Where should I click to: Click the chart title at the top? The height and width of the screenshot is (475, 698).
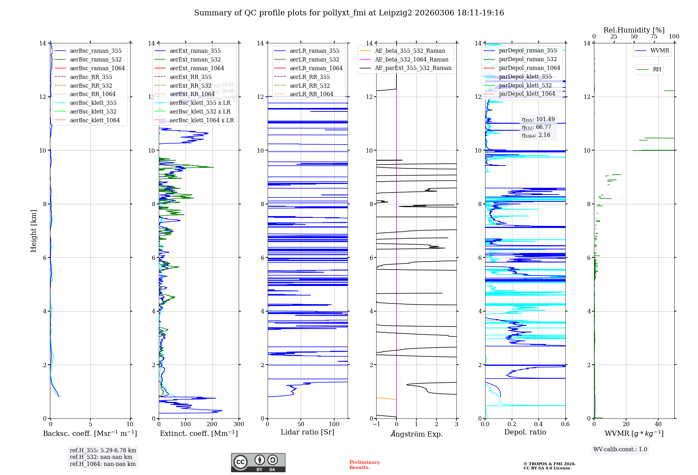(349, 13)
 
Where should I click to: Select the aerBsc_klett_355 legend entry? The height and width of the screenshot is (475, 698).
(93, 103)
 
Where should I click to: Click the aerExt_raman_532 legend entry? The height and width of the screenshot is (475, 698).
(195, 59)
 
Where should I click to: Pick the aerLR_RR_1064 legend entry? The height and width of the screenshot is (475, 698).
(311, 94)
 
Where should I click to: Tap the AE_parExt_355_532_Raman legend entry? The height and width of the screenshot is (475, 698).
(413, 68)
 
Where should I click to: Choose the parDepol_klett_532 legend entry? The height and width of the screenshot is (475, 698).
(525, 85)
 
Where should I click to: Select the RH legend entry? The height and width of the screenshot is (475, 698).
(657, 70)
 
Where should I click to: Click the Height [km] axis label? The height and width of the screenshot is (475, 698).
(34, 231)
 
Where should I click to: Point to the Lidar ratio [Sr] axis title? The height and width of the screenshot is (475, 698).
(307, 432)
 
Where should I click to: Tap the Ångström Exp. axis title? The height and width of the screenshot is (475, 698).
(416, 434)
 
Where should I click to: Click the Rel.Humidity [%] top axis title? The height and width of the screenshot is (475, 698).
(634, 30)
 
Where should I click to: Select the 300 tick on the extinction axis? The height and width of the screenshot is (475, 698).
(239, 424)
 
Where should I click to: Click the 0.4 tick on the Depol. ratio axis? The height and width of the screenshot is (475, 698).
(539, 424)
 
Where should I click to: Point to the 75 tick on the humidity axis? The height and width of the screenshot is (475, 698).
(654, 37)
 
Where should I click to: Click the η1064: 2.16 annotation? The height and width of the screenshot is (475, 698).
(536, 135)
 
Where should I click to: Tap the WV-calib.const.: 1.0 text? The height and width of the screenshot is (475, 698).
(620, 449)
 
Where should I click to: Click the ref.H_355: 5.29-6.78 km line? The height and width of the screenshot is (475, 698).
(103, 450)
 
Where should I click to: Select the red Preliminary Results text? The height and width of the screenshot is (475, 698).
(364, 465)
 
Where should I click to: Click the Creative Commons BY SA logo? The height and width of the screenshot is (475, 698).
(258, 462)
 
